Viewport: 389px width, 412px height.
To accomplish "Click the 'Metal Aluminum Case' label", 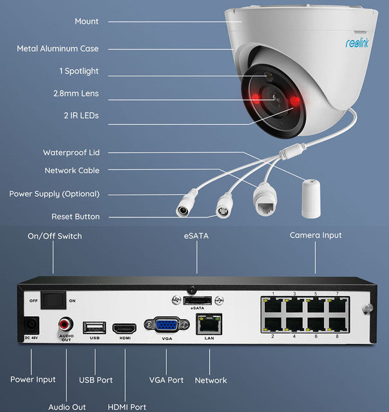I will pos(58,48).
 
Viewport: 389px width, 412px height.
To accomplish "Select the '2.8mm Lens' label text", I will pos(76,93).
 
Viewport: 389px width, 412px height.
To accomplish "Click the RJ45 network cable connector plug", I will pos(265,201).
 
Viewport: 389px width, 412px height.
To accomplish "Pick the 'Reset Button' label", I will pos(75,217).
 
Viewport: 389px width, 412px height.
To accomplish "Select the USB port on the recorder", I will pos(95,327).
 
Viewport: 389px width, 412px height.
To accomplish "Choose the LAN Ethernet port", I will pos(208,324).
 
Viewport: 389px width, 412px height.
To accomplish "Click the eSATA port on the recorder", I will pos(196,300).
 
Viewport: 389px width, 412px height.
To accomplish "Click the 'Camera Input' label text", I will pos(316,236).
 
